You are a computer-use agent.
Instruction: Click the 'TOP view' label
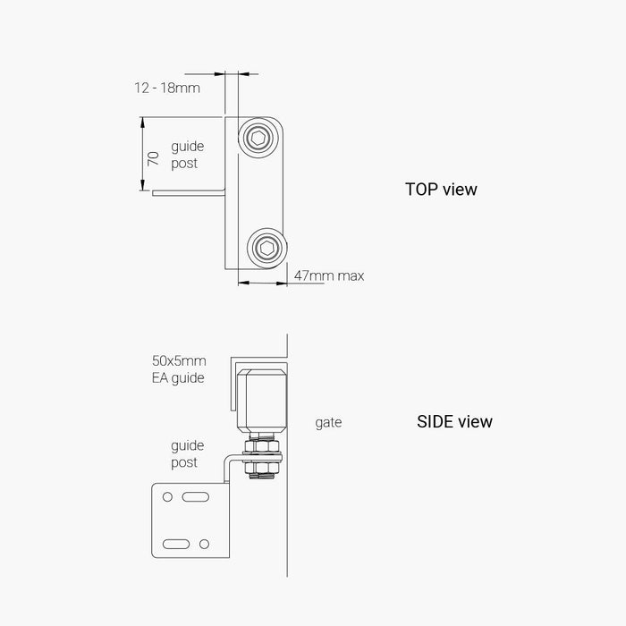[x=441, y=190]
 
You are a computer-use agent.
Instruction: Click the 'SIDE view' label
[x=454, y=421]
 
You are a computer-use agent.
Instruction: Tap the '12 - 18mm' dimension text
[x=167, y=88]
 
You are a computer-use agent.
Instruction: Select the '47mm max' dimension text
[x=329, y=275]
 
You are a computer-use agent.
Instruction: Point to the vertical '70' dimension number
[x=153, y=158]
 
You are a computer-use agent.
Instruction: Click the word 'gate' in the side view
[x=328, y=423]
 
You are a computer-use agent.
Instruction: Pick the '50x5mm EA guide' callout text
[x=179, y=369]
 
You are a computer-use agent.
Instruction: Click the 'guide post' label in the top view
[x=187, y=155]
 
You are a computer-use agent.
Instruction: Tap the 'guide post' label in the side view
[x=187, y=454]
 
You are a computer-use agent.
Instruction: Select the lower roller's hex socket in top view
[x=266, y=248]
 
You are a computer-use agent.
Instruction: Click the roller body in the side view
[x=262, y=401]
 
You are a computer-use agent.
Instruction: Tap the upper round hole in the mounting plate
[x=168, y=496]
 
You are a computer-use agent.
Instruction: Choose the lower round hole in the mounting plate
[x=204, y=544]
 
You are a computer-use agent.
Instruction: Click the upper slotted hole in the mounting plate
[x=196, y=496]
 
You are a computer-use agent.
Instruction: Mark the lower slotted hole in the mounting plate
[x=176, y=544]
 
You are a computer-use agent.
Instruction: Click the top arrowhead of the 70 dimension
[x=142, y=123]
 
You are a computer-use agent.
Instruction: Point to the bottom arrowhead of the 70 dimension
[x=142, y=185]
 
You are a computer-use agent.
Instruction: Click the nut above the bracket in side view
[x=261, y=445]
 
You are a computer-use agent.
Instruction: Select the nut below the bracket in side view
[x=261, y=467]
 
